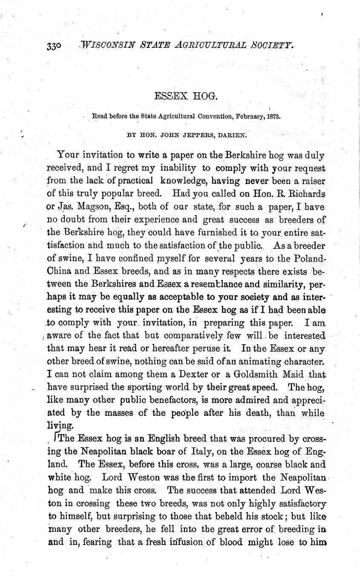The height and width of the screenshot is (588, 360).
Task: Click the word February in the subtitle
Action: coord(244,115)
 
